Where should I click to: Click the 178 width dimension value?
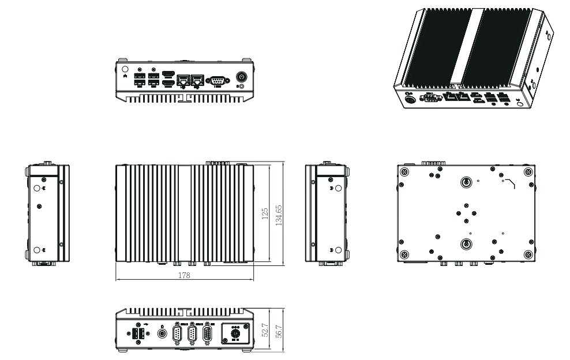click(185, 276)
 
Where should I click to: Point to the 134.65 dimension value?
click(280, 214)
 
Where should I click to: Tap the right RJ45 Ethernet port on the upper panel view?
click(198, 80)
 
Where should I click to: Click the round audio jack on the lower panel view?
click(162, 333)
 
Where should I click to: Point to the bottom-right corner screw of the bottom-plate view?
click(527, 254)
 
